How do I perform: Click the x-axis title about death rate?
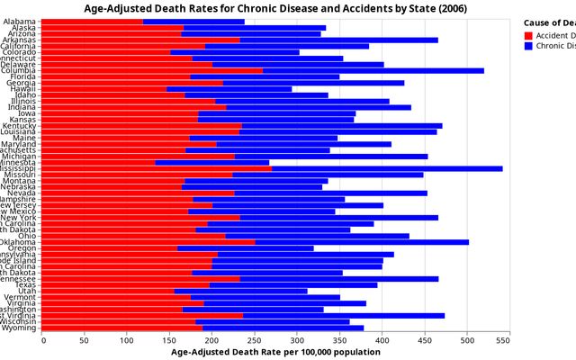(275, 352)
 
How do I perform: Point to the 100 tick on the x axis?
(128, 339)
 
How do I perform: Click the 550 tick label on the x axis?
(509, 339)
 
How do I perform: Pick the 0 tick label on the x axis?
(42, 339)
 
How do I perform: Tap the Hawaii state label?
(24, 89)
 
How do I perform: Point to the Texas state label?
(26, 284)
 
